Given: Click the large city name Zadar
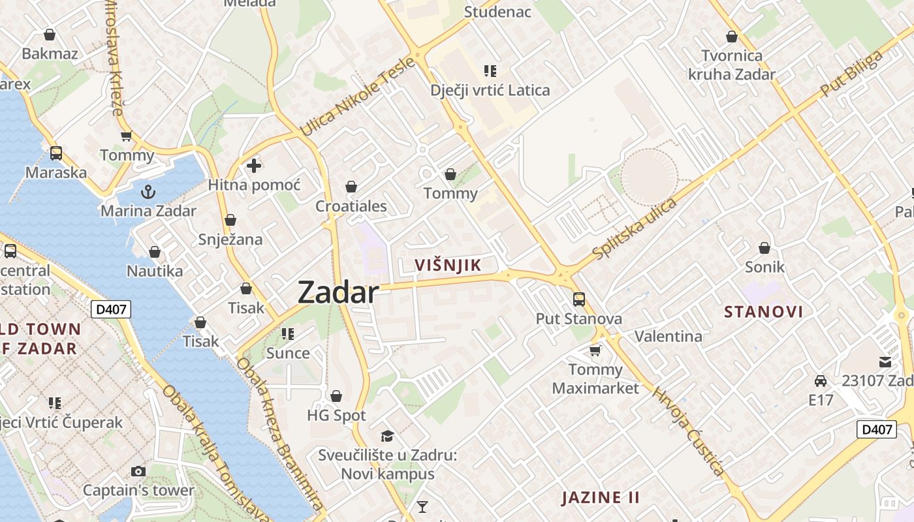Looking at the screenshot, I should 338,293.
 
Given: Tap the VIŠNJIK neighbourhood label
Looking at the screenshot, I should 448,265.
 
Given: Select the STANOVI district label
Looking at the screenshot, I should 763,312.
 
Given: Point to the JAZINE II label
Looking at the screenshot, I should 601,497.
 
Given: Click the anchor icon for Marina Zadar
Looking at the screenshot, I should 148,192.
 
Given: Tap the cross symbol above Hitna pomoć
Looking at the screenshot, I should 254,166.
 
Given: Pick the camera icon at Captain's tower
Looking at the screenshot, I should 138,471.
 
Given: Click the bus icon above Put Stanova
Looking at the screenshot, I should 578,299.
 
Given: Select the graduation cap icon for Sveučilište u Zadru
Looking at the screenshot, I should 388,436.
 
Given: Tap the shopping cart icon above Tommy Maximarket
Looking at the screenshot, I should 595,351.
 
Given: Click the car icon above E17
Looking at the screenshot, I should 821,380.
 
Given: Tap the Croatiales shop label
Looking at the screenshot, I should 351,206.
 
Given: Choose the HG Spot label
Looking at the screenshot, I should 336,415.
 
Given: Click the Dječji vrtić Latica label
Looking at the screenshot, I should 490,90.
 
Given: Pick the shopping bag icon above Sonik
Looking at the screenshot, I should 764,248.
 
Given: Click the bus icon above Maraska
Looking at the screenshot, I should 56,153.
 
